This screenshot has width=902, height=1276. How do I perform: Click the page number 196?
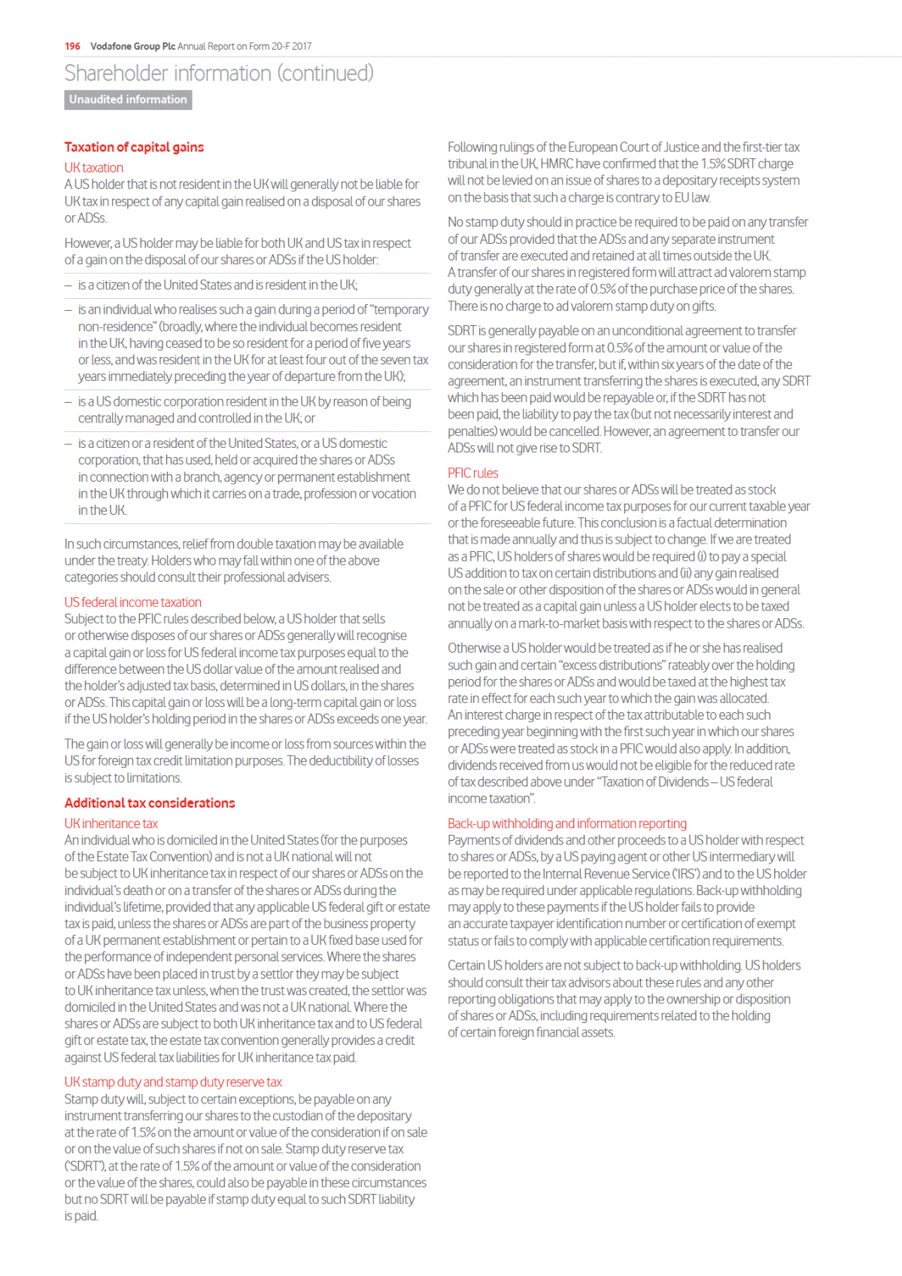[x=72, y=46]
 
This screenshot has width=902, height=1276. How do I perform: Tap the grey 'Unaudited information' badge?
[x=128, y=99]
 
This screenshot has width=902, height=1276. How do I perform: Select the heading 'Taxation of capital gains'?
[x=134, y=147]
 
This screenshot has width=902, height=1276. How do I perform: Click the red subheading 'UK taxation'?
[x=93, y=167]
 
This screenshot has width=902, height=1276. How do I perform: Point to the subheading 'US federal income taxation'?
[x=132, y=602]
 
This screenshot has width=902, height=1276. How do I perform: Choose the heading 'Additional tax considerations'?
[x=150, y=802]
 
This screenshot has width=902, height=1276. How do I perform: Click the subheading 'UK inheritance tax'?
[x=111, y=824]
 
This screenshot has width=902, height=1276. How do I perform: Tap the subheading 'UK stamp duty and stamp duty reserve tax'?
[x=173, y=1082]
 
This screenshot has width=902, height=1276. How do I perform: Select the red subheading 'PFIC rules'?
[x=472, y=473]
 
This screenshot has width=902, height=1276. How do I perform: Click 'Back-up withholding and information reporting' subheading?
[x=566, y=824]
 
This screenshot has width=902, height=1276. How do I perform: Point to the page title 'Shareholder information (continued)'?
[x=218, y=73]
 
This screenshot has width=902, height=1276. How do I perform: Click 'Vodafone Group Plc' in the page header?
[x=132, y=46]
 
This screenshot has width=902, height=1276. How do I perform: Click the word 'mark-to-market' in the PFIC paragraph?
[x=558, y=623]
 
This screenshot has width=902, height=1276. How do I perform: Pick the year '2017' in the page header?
[x=302, y=46]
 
